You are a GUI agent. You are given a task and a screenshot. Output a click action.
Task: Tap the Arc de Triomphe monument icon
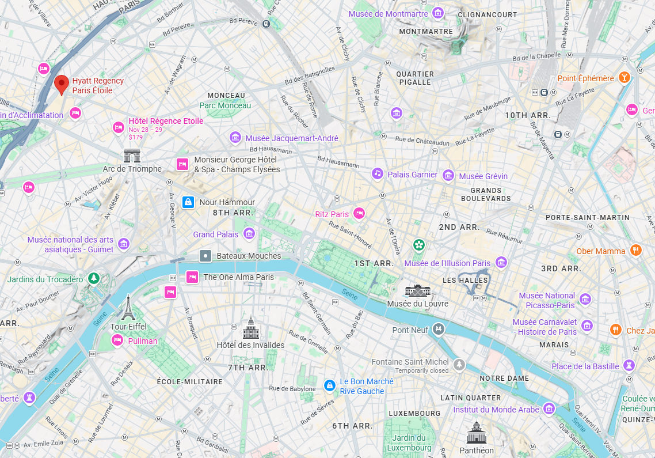pyautogui.click(x=132, y=156)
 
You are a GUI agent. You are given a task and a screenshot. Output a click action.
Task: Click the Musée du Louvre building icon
pyautogui.click(x=417, y=290)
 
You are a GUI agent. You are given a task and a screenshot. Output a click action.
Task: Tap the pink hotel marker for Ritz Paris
pyautogui.click(x=359, y=214)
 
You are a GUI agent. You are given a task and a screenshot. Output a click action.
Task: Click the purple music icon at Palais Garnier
pyautogui.click(x=377, y=173)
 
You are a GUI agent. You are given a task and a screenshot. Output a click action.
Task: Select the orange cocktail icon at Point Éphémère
pyautogui.click(x=624, y=78)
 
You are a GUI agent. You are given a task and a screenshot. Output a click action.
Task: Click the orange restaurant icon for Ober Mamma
pyautogui.click(x=635, y=251)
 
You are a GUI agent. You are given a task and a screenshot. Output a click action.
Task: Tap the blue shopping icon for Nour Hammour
pyautogui.click(x=188, y=202)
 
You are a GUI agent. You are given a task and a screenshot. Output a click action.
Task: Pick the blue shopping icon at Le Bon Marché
pyautogui.click(x=329, y=385)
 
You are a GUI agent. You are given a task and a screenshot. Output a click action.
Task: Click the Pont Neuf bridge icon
pyautogui.click(x=439, y=330)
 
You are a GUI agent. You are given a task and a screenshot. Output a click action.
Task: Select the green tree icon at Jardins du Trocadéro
pyautogui.click(x=93, y=279)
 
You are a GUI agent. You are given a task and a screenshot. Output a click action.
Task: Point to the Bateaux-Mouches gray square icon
pyautogui.click(x=205, y=255)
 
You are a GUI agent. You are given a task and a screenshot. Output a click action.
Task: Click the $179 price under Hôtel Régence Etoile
pyautogui.click(x=136, y=137)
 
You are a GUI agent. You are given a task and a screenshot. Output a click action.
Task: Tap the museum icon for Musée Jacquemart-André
pyautogui.click(x=235, y=138)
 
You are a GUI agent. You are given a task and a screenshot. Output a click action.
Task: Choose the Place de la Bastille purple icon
pyautogui.click(x=630, y=366)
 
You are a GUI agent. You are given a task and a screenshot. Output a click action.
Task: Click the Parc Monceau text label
pyautogui.click(x=225, y=105)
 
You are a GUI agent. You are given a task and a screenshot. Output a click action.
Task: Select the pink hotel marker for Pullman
pyautogui.click(x=117, y=340)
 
